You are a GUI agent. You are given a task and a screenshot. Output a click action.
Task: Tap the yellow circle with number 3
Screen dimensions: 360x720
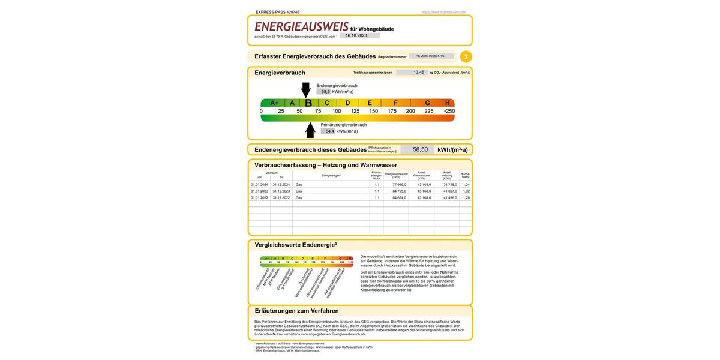point(466,57)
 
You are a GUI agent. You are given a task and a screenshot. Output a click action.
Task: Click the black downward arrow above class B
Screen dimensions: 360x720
point(306,90)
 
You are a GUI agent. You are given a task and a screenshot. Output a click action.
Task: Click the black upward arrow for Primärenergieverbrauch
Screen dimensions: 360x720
point(310,130)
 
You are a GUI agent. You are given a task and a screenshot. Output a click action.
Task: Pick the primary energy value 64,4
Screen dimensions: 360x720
point(329,131)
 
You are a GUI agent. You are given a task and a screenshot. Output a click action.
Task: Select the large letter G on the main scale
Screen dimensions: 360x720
point(427,103)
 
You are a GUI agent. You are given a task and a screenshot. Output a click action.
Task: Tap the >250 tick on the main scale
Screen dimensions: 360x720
point(449,111)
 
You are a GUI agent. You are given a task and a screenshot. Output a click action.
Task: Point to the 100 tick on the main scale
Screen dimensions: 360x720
point(337,111)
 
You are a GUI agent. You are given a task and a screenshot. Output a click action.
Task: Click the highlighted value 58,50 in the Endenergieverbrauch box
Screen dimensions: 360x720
point(420,149)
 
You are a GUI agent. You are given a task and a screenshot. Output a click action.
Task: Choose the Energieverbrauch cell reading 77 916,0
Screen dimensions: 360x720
point(399,184)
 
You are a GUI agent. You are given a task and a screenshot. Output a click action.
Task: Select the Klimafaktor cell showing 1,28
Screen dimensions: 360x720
point(466,197)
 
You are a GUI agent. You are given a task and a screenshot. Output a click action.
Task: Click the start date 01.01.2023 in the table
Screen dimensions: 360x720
point(259,191)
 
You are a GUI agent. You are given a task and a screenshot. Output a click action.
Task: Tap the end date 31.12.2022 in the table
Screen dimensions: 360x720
point(281,197)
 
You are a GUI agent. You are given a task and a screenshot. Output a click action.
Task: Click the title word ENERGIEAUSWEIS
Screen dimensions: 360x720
point(301,27)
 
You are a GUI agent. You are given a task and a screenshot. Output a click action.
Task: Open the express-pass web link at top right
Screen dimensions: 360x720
point(443,12)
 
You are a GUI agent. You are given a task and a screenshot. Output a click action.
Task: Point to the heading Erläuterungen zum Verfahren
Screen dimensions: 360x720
point(296,311)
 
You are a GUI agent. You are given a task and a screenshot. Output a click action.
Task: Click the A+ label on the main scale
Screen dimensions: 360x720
point(274,103)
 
